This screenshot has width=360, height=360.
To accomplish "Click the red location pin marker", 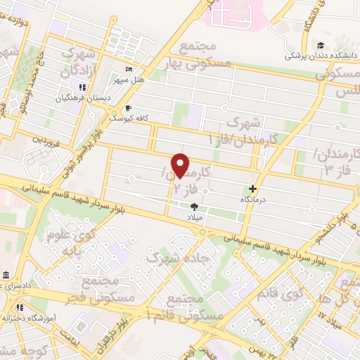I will tap(181, 165).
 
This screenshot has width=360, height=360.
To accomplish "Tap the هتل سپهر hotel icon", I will tap(128, 69).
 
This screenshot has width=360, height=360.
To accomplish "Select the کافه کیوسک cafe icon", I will tap(128, 108).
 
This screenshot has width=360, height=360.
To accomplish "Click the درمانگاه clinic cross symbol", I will tap(252, 188).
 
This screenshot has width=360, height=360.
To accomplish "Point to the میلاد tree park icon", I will tap(195, 206).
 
